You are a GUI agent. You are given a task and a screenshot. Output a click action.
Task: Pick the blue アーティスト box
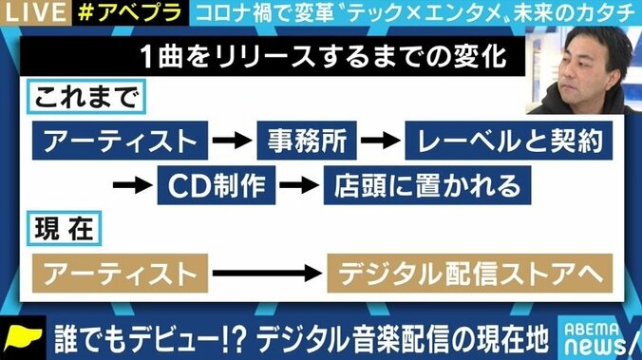tap(119, 141)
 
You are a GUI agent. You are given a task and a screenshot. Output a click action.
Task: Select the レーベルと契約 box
tap(504, 141)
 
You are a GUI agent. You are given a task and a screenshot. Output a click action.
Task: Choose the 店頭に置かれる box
tap(409, 181)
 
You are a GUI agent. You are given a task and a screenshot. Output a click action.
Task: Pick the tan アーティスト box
tap(119, 273)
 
